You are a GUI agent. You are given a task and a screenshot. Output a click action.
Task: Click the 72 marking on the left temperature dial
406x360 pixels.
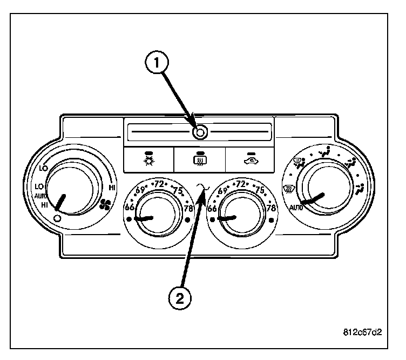tap(159, 184)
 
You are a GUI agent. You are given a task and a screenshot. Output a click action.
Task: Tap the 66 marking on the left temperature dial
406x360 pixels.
tap(130, 207)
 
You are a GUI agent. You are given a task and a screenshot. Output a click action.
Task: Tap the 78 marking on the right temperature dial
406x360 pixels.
tap(271, 207)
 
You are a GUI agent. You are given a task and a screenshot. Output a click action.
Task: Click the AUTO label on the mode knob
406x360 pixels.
tap(295, 206)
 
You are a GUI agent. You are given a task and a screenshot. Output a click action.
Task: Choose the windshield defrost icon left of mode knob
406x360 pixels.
tap(289, 189)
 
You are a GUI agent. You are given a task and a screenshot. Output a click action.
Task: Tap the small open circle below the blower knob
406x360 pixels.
tap(58, 218)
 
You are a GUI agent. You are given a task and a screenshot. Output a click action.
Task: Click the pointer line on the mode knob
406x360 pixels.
tap(314, 199)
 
